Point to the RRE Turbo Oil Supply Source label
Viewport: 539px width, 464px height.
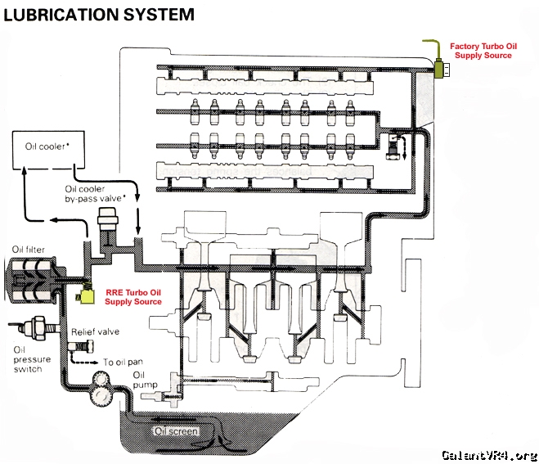tap(133, 296)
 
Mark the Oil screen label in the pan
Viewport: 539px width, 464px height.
tap(173, 430)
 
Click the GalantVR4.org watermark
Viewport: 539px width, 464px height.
tap(488, 454)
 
